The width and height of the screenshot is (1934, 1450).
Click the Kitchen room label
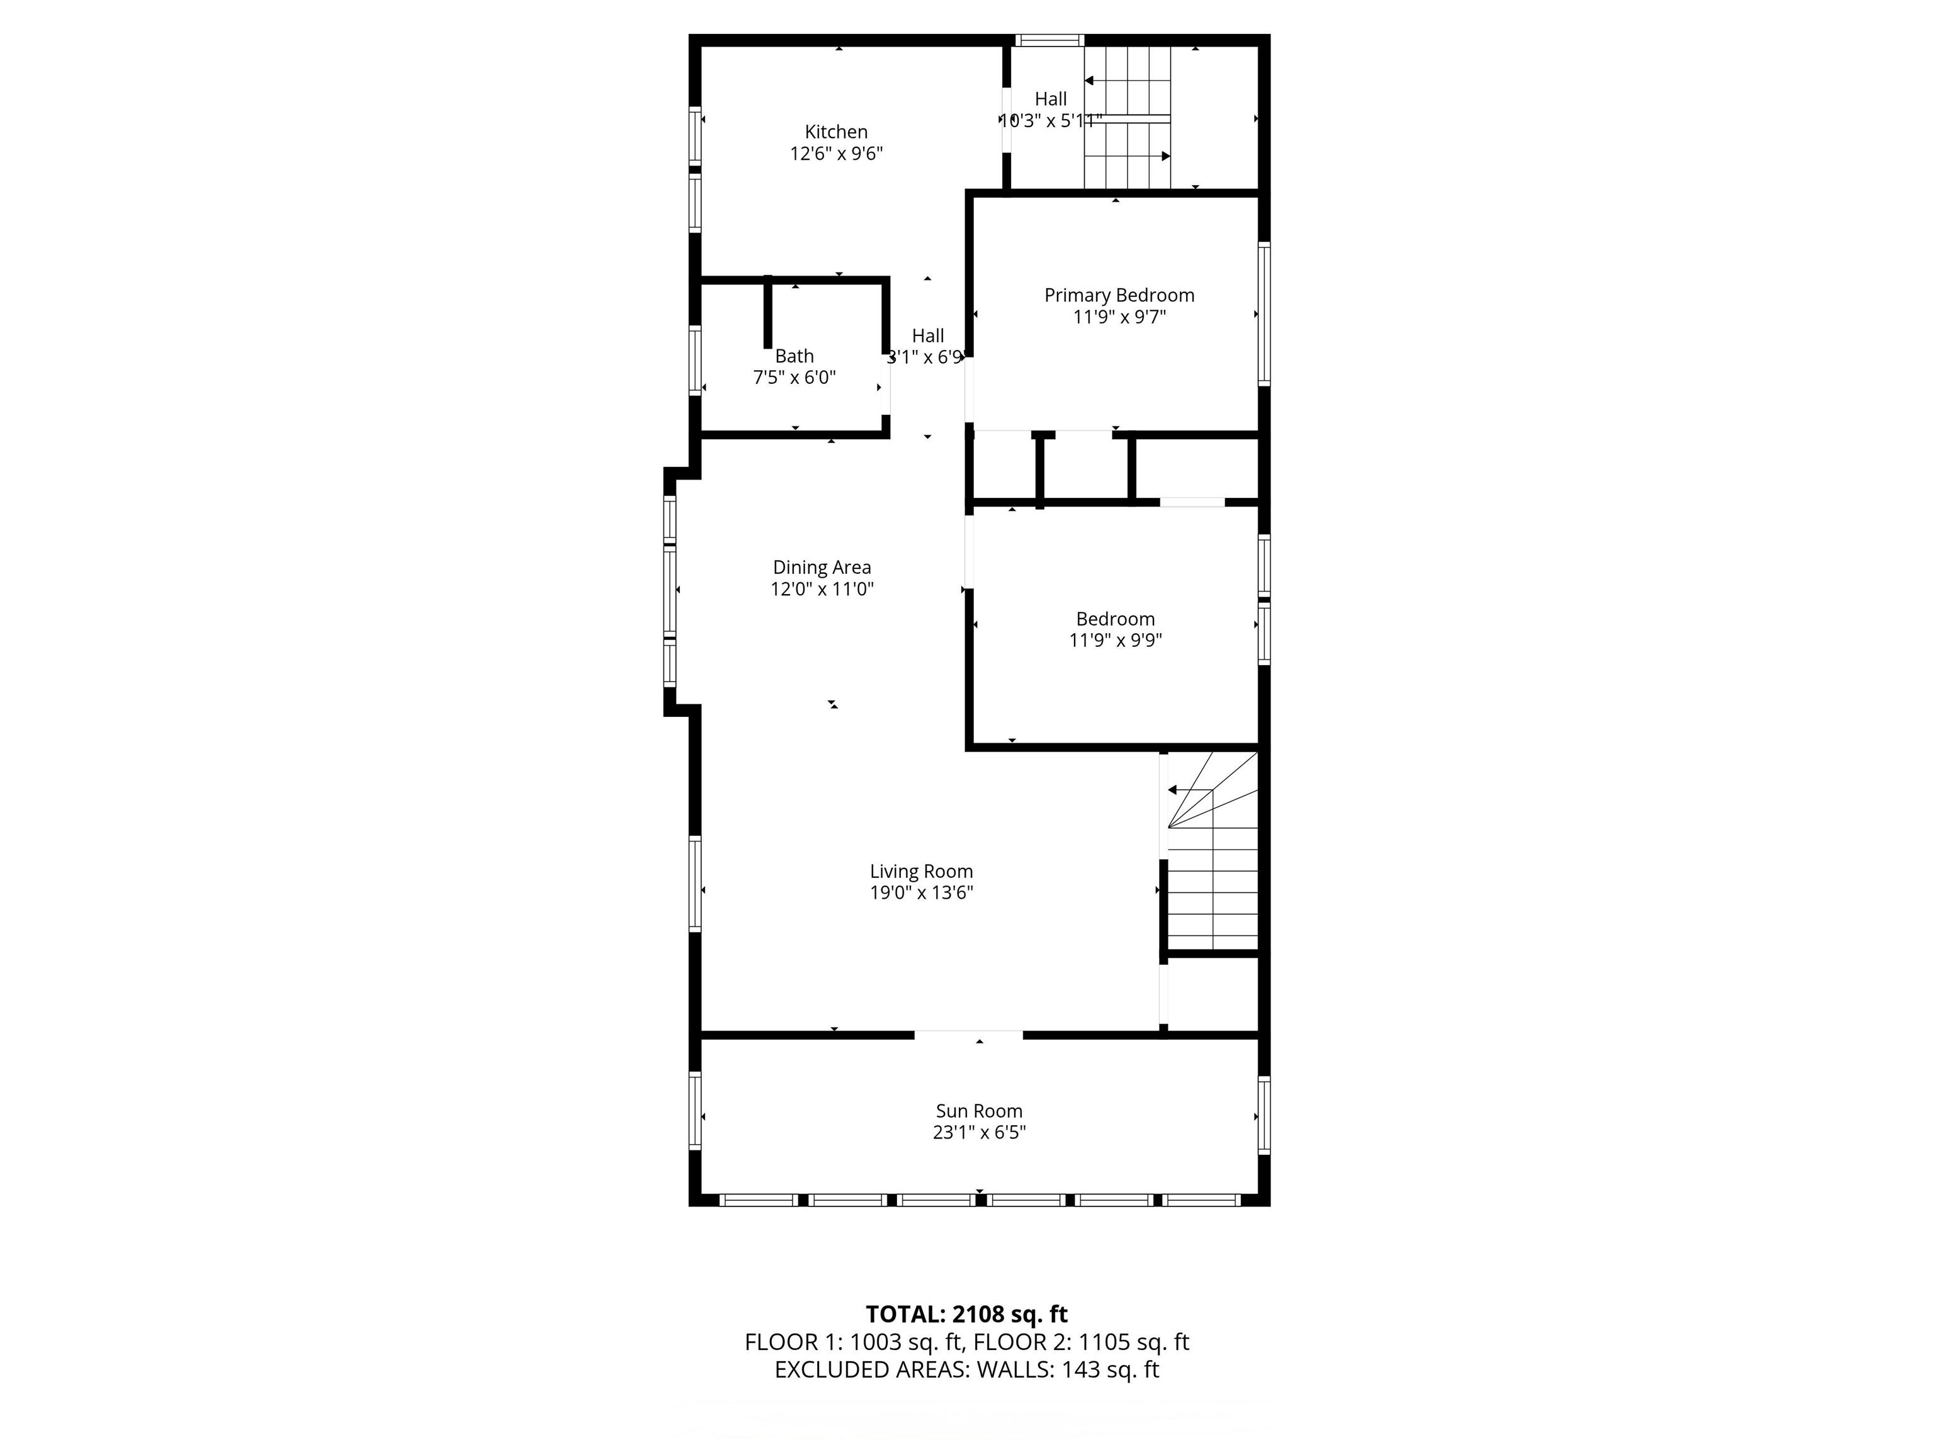[836, 132]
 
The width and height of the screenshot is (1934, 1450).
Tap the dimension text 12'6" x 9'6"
[837, 154]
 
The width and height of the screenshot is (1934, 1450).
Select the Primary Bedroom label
[1119, 295]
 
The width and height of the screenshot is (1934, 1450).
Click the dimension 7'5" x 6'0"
[795, 378]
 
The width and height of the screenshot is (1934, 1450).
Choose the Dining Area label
[822, 567]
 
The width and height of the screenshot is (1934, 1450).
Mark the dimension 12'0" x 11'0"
[822, 589]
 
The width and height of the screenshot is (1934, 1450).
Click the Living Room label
[922, 872]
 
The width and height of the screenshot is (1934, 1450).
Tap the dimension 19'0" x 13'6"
[922, 892]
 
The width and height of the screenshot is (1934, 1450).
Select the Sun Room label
[979, 1111]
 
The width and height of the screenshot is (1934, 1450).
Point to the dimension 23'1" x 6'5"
[979, 1133]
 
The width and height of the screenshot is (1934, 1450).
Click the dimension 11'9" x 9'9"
[1116, 640]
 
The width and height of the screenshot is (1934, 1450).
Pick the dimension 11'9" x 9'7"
[1119, 317]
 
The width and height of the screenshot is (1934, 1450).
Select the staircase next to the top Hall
[1128, 117]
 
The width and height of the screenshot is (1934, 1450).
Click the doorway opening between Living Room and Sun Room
[969, 1035]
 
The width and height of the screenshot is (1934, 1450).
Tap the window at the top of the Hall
[1049, 39]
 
